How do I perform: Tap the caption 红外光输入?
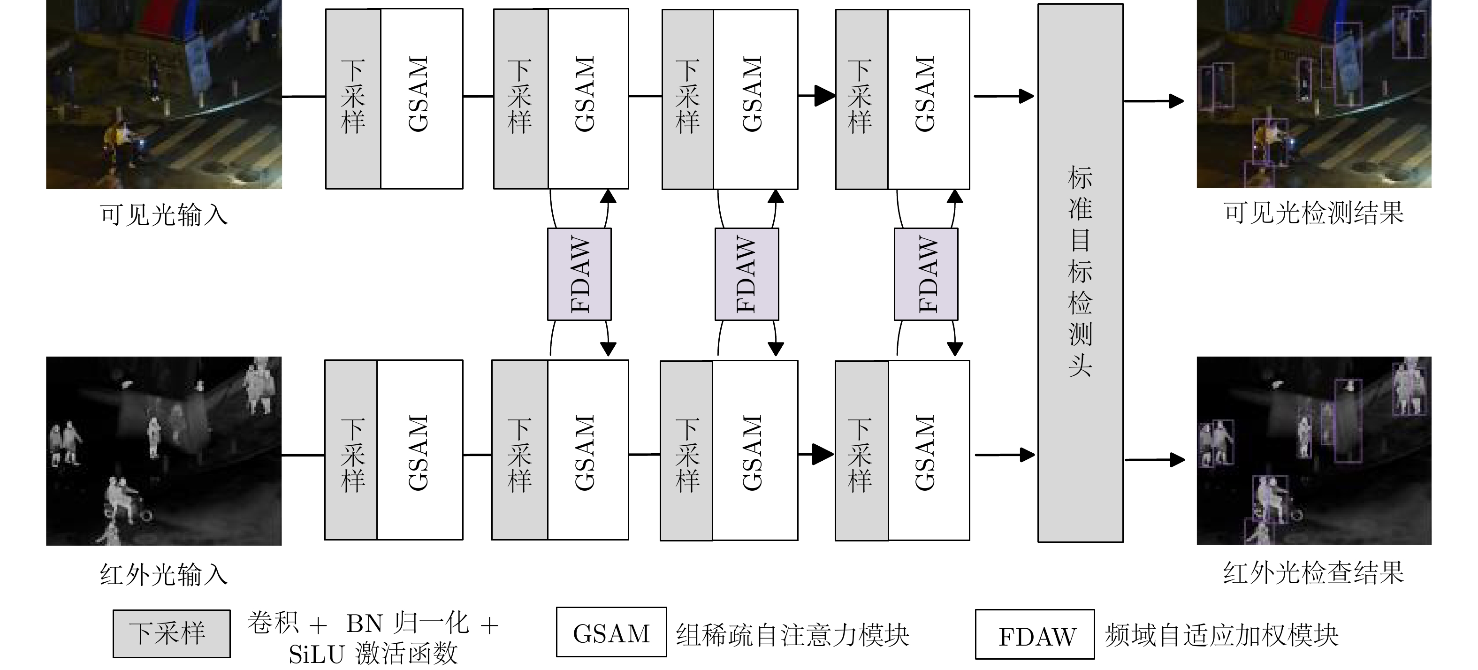(x=164, y=575)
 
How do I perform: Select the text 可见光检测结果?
(x=1313, y=213)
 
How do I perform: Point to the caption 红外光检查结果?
(x=1313, y=572)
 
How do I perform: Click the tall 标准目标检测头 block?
(x=1080, y=273)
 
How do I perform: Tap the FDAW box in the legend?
(x=1035, y=634)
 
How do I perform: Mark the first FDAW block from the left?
(x=579, y=274)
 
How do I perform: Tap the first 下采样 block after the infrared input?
(x=351, y=450)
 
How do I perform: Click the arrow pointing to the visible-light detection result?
(x=1153, y=101)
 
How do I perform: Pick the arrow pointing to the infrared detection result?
(x=1154, y=459)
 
